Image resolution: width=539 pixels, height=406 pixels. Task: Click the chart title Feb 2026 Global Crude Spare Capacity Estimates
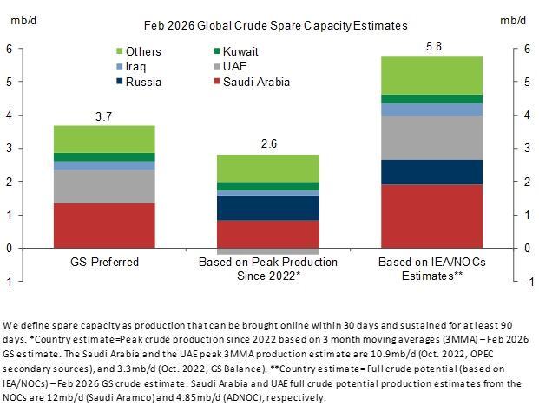tap(269, 27)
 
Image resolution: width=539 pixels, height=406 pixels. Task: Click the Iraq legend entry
tap(142, 67)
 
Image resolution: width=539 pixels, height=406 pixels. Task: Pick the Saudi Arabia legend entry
tap(251, 83)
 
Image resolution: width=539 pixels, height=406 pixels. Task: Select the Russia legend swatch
tap(120, 83)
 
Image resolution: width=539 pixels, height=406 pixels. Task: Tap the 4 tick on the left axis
tap(10, 115)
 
